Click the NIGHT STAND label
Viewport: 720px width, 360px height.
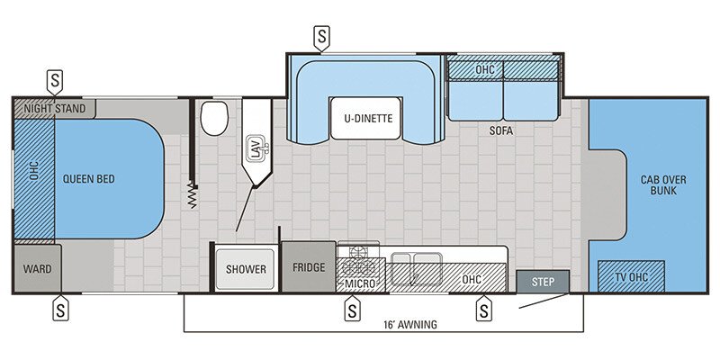pyautogui.click(x=55, y=109)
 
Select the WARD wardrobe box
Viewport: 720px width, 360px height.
pyautogui.click(x=38, y=268)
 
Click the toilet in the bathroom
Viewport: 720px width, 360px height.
pyautogui.click(x=212, y=117)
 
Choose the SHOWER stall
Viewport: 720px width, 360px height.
pyautogui.click(x=246, y=268)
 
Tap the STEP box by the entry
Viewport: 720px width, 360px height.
pyautogui.click(x=542, y=282)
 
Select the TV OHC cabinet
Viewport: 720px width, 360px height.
pyautogui.click(x=632, y=275)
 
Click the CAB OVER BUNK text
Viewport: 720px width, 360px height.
pyautogui.click(x=663, y=185)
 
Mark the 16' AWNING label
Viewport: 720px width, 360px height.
pyautogui.click(x=409, y=324)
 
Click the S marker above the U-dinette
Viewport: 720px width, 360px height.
pyautogui.click(x=320, y=37)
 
